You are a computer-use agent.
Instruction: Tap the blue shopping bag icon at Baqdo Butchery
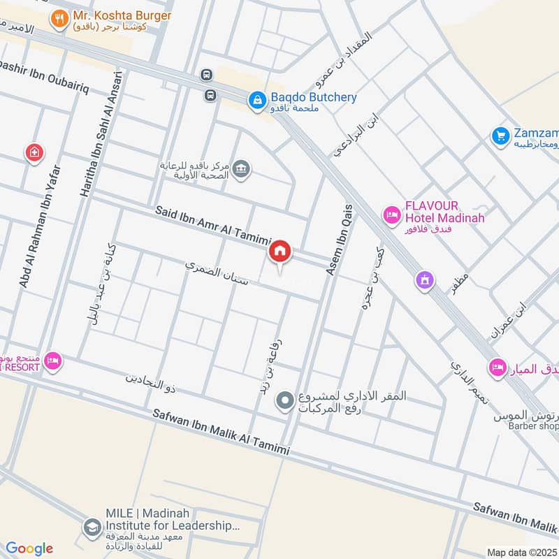[257, 99]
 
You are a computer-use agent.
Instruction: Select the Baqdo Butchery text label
[313, 98]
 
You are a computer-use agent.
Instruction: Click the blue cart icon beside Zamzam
[500, 134]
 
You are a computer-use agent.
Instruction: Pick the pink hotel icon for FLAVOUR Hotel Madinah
[391, 213]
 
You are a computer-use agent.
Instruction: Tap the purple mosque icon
[424, 281]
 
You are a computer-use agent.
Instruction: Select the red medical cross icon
[33, 152]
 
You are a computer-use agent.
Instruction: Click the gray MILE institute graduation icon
[91, 528]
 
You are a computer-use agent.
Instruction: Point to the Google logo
[29, 549]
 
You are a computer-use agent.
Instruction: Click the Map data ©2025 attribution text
[521, 552]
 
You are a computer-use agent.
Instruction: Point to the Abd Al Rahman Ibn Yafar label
[37, 224]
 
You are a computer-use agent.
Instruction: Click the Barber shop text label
[533, 426]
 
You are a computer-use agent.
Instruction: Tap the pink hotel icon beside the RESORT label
[52, 361]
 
